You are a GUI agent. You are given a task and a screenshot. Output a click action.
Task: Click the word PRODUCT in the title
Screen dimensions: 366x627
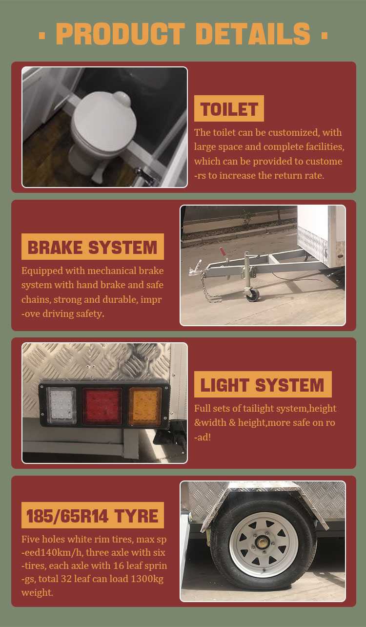(x=121, y=34)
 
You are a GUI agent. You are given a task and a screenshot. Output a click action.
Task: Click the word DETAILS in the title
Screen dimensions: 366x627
(x=253, y=34)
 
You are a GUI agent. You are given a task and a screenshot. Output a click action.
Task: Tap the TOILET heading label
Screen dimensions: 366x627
(x=229, y=108)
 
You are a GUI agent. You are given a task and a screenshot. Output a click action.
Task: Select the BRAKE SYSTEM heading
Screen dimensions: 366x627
(x=93, y=247)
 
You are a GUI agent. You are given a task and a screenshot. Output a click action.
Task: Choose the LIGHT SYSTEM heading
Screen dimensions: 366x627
(x=263, y=384)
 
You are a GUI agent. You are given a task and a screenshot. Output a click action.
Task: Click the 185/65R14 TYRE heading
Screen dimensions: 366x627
(x=93, y=515)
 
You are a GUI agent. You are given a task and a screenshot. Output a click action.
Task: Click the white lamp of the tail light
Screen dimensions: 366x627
(x=61, y=406)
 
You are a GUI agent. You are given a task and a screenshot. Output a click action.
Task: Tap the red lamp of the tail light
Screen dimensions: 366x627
(x=102, y=406)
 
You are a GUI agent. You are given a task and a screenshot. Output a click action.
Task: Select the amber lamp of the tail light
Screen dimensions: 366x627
(x=145, y=406)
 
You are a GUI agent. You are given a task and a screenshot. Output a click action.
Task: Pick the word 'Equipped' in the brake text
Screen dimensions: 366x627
(x=42, y=271)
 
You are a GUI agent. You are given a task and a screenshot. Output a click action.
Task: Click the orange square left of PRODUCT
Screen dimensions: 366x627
(x=42, y=35)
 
